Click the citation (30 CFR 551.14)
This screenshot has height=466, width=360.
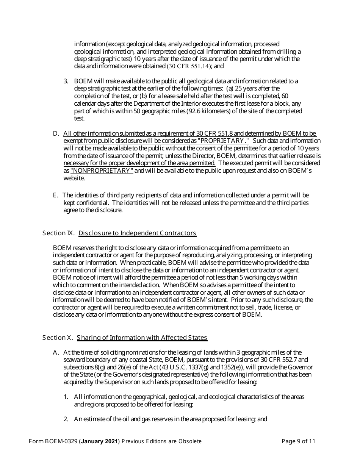point(188,66)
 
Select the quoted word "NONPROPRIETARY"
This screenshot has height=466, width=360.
point(102,170)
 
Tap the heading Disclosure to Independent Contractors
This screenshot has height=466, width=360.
point(137,233)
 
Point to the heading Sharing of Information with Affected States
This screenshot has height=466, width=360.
point(142,338)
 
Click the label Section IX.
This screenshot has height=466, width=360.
point(58,233)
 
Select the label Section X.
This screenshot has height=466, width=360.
point(58,338)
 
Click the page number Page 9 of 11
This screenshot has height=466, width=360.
point(298,441)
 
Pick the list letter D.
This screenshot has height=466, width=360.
point(56,133)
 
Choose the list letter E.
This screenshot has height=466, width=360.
point(55,195)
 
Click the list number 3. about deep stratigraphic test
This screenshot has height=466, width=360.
point(66,81)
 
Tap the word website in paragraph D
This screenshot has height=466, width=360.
point(74,178)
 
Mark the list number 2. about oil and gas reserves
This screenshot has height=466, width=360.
point(66,419)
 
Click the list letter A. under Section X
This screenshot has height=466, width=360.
point(56,352)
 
